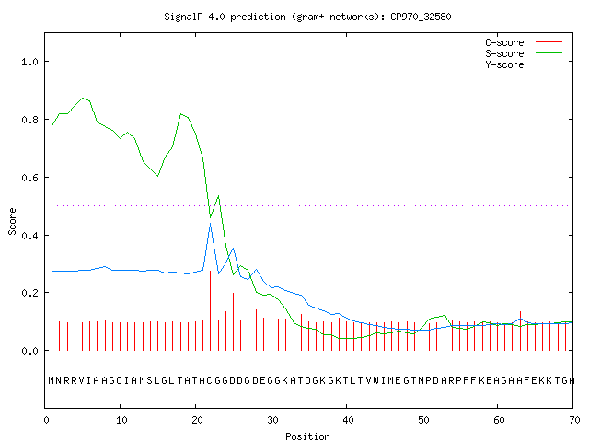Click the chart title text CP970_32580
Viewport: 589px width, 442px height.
(x=421, y=17)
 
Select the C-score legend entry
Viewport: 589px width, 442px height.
(x=524, y=42)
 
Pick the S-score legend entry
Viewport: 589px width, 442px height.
(x=524, y=53)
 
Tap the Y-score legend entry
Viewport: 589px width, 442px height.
(x=524, y=64)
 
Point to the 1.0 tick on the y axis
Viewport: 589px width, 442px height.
(x=29, y=62)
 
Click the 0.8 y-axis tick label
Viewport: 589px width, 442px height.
(x=29, y=120)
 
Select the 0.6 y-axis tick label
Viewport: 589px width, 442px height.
(x=29, y=178)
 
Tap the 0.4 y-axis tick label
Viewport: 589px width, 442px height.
(x=29, y=236)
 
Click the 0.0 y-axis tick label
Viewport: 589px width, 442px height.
(x=29, y=351)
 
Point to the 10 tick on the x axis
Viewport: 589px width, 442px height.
(x=121, y=420)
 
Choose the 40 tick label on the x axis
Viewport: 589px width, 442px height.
(x=348, y=420)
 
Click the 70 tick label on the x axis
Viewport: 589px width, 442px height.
(x=574, y=420)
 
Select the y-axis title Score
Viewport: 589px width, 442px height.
(x=12, y=221)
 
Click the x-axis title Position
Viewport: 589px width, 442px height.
(x=307, y=436)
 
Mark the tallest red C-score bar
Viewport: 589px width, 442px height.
(x=211, y=310)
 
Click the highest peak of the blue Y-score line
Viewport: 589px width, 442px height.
(x=211, y=223)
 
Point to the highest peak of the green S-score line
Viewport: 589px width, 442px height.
(x=83, y=98)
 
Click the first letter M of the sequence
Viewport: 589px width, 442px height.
(x=52, y=380)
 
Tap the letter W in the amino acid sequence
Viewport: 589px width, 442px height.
(x=375, y=380)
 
